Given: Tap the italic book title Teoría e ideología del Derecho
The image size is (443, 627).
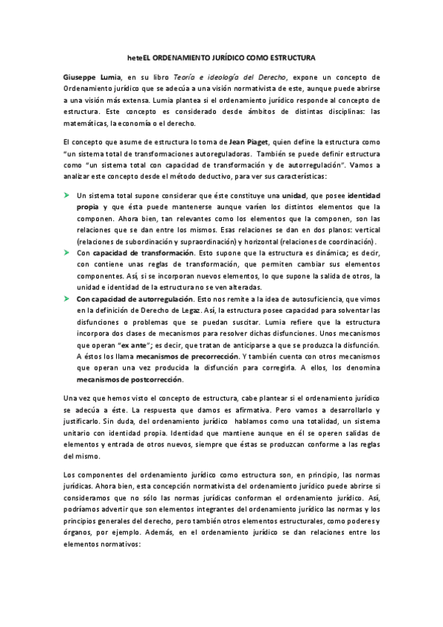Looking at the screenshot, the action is coord(226,76).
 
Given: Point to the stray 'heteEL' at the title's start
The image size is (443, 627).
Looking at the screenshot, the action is coord(134,56).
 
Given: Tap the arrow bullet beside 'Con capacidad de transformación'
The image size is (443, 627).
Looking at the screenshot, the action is coord(66,251).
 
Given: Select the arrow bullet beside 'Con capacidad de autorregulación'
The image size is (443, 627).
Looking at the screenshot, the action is coord(66,298).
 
